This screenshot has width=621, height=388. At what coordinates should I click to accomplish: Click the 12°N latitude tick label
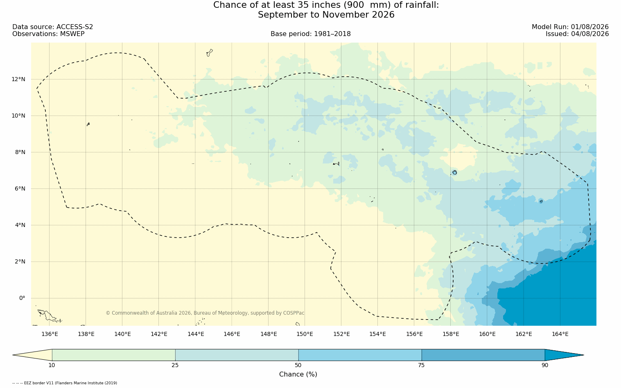tap(18, 79)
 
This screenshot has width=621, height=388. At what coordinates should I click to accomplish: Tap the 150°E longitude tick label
tap(305, 334)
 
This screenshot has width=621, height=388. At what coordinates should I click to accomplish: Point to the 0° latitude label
tap(22, 298)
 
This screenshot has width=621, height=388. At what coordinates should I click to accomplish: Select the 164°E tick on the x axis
tap(560, 334)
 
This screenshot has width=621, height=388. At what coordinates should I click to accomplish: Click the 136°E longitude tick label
tap(50, 334)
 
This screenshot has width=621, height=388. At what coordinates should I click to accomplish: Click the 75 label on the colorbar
tap(421, 365)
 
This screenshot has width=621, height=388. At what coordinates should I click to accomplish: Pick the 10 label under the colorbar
tap(52, 365)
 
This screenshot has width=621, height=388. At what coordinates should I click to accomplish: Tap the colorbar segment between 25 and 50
tap(237, 355)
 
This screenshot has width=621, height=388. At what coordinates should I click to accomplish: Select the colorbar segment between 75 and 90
tap(483, 355)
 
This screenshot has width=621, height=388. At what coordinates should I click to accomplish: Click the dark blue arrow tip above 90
tap(583, 355)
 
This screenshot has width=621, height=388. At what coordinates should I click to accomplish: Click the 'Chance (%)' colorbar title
tap(298, 374)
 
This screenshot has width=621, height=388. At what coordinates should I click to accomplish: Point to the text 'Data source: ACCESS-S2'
tap(53, 27)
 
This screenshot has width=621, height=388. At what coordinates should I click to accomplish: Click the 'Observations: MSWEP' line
tap(49, 34)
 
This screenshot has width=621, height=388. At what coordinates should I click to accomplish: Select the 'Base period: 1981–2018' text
tap(310, 34)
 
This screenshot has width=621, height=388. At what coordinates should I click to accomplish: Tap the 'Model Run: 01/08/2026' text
tap(570, 27)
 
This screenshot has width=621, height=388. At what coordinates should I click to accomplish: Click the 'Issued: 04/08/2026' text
tap(577, 34)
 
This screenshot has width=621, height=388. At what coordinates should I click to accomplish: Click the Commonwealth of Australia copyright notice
tap(205, 313)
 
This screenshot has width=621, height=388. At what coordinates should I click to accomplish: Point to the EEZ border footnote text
tap(65, 383)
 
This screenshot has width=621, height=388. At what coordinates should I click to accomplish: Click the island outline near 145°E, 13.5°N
tap(210, 53)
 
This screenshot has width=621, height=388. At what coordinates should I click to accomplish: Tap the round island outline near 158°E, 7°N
tap(455, 172)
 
